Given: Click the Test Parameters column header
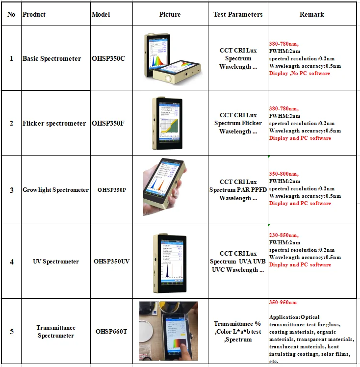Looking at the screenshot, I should click(238, 14).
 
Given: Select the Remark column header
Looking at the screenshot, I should click(311, 14).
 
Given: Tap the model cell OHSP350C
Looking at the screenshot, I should click(109, 58).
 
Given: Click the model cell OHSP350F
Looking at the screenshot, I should click(108, 123).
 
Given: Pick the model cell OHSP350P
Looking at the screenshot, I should click(111, 189).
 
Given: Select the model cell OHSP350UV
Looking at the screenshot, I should click(111, 262).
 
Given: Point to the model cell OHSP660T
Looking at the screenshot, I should click(111, 331).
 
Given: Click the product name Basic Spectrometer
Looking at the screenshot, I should click(52, 58).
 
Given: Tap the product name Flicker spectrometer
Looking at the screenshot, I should click(54, 123).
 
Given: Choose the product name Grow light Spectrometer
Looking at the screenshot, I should click(56, 190).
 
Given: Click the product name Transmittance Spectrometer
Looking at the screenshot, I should click(56, 332).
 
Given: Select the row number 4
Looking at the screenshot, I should click(12, 262).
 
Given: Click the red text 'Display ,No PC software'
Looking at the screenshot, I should click(300, 73).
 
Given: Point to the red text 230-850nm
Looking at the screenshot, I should click(283, 236).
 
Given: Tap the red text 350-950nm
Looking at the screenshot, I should click(283, 302).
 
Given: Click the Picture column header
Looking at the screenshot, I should click(170, 14).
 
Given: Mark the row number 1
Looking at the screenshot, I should click(12, 58).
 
